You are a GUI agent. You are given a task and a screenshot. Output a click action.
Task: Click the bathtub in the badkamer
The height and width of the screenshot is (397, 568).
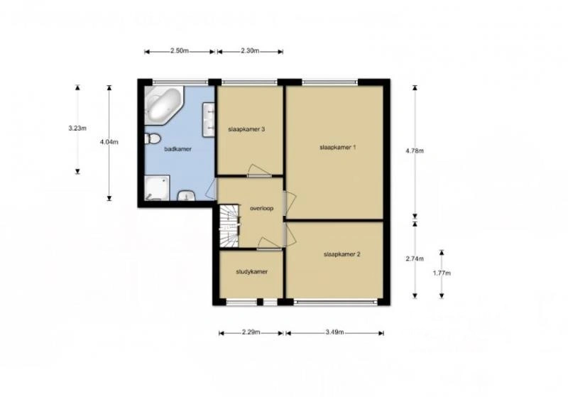163,105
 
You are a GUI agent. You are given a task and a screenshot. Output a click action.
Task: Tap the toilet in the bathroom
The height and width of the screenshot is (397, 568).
152,138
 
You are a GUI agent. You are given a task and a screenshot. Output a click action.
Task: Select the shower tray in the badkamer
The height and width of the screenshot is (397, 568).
157,187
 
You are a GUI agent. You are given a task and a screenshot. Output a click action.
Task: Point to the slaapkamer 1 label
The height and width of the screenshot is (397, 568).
338,148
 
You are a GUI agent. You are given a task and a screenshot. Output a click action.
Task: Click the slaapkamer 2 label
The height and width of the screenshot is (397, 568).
342,254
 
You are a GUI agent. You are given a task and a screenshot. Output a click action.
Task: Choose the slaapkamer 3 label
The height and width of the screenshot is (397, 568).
246,129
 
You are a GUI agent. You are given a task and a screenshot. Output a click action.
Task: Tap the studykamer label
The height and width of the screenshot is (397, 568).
252,272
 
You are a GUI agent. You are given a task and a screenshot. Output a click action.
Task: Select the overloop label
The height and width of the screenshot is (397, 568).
261,208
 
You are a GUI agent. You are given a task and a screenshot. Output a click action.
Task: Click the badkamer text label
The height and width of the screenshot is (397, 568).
177,149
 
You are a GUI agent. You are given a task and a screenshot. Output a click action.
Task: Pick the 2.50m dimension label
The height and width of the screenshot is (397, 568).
180,50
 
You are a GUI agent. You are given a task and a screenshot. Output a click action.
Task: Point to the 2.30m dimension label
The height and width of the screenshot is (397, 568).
250,50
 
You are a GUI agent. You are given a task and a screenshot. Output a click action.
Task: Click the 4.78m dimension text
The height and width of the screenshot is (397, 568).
415,151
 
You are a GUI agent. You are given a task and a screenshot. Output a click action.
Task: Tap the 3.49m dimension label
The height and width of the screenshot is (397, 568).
334,332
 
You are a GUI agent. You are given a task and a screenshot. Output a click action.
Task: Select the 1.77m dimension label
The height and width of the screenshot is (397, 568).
442,273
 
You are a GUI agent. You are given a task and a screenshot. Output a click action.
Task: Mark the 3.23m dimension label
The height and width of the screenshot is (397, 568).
77,128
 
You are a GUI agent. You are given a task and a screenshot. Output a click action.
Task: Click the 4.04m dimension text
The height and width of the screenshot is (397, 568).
109,142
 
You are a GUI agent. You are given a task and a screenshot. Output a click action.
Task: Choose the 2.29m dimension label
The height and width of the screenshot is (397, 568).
251,332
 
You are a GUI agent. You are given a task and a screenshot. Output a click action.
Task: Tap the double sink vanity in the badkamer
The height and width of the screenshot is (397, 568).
209,119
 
